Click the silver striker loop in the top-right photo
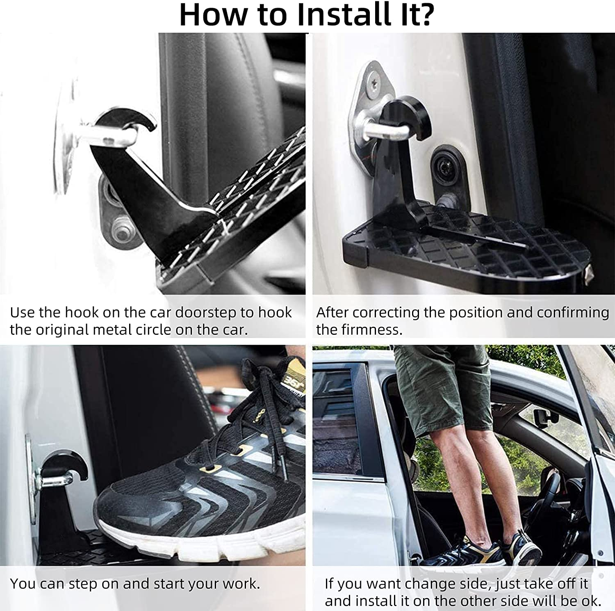pos(383,130)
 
